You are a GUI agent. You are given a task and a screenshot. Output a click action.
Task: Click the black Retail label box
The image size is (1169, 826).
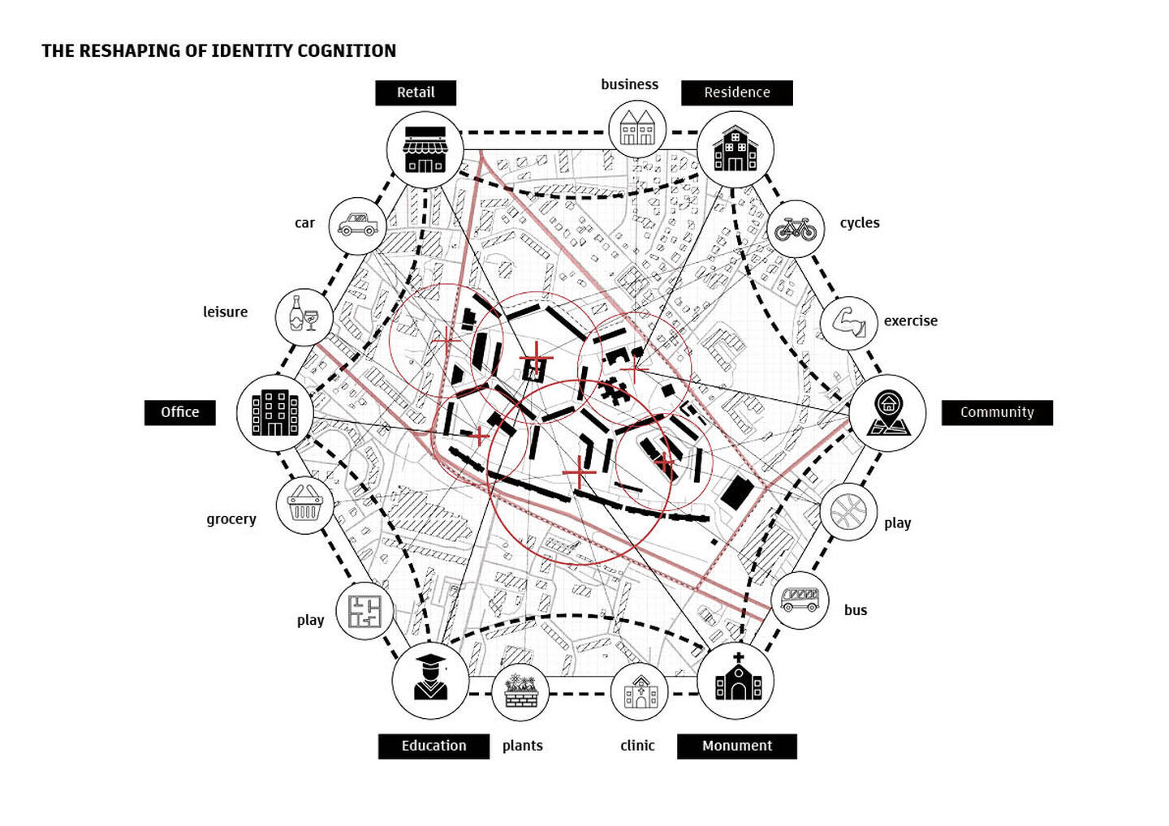coord(416,92)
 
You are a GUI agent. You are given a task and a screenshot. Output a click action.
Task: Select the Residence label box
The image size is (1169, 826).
coord(737,92)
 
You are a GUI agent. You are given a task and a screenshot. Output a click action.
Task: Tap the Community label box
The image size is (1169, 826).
coord(997,412)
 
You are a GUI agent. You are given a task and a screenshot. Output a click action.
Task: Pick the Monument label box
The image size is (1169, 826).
coord(737,746)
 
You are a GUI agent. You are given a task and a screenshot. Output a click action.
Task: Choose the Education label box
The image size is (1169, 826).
coord(434,746)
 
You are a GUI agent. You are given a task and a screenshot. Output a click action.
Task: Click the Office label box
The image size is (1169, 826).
coord(180,412)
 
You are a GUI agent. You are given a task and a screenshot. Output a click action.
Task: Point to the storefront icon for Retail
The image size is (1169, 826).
coord(425,149)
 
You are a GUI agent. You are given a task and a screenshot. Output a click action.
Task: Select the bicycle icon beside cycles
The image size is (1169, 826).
coord(796,229)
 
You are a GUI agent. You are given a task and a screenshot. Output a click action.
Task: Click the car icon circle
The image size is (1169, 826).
coord(357,226)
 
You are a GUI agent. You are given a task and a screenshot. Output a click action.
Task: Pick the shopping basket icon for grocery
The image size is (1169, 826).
coord(304,503)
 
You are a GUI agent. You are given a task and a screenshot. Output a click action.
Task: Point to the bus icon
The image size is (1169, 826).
coord(800,600)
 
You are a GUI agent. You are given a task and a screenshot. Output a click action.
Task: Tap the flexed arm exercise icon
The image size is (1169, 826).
coord(848,322)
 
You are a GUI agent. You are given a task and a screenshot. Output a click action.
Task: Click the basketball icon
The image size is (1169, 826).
coord(848,512)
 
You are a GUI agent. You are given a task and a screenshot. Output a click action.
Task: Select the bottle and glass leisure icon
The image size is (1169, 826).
coord(304,314)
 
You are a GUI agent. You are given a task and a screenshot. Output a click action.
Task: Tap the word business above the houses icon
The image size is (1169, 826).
coord(629,84)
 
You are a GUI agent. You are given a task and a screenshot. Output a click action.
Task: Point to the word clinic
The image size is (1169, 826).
coord(637,746)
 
